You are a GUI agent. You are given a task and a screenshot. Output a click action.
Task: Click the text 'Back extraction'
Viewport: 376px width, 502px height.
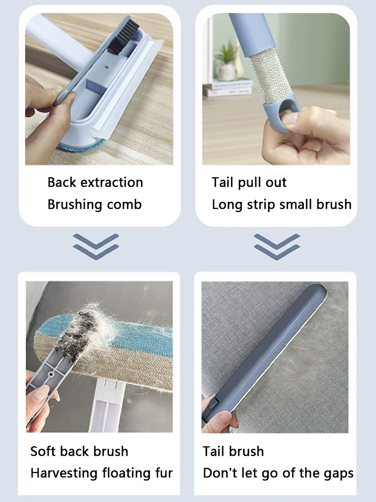pyautogui.click(x=95, y=182)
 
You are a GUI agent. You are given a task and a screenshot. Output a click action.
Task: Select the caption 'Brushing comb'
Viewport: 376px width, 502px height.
pyautogui.click(x=94, y=205)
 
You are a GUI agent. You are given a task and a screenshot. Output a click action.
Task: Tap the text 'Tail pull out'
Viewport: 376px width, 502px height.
pyautogui.click(x=249, y=182)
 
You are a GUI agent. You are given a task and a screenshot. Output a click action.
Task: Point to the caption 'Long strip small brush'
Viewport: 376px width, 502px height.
pyautogui.click(x=281, y=205)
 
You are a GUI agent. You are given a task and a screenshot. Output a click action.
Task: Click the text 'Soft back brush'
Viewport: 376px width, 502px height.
pyautogui.click(x=79, y=451)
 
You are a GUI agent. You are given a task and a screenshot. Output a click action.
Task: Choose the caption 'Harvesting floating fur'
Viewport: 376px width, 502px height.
pyautogui.click(x=101, y=473)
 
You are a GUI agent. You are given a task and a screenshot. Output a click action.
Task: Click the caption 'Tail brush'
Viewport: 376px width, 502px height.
pyautogui.click(x=233, y=451)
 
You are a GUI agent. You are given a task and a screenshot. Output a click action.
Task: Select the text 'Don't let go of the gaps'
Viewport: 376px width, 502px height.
pyautogui.click(x=278, y=473)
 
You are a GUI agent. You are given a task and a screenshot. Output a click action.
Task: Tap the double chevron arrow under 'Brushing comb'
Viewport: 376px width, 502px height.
pyautogui.click(x=96, y=246)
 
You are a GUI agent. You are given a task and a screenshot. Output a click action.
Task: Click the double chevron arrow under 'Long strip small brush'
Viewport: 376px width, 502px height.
pyautogui.click(x=277, y=246)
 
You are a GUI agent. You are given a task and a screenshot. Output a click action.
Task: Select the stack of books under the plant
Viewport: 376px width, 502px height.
pyautogui.click(x=228, y=88)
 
